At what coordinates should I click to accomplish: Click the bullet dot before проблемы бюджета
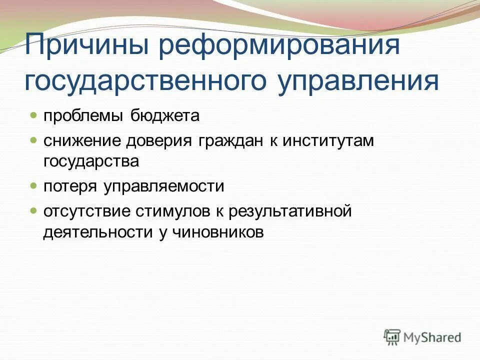point(33,115)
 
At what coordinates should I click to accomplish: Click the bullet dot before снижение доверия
point(33,140)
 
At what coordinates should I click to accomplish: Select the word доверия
point(159,141)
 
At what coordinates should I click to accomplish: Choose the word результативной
point(290,211)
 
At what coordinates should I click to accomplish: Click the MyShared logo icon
point(393,337)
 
